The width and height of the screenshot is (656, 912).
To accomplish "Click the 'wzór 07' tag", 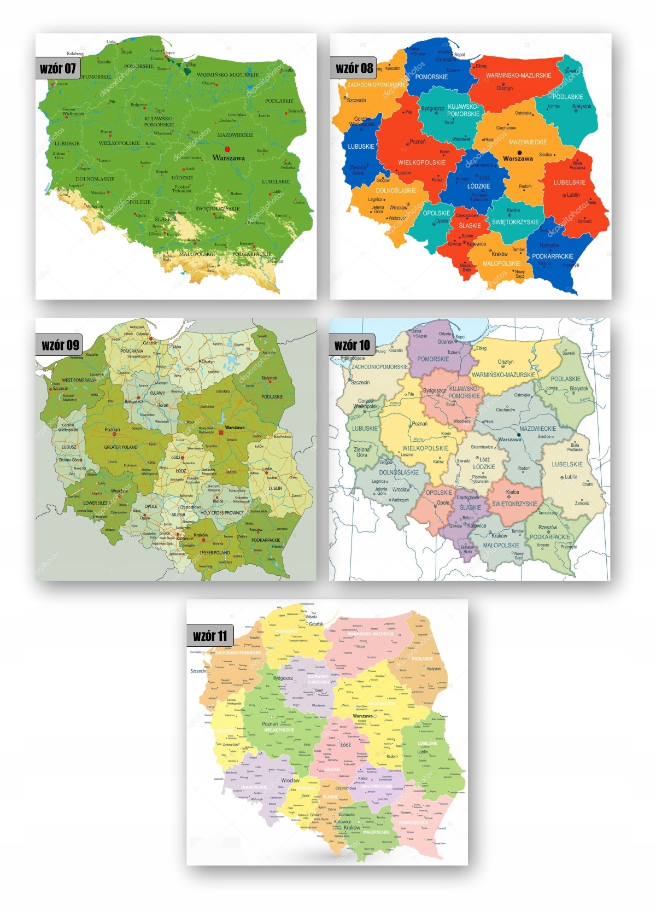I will click(x=57, y=68).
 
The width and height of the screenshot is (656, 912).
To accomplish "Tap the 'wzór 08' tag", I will click(x=354, y=68).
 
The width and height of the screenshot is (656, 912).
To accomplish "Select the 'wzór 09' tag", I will click(x=60, y=345).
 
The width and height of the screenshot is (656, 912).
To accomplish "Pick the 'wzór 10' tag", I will click(x=352, y=345).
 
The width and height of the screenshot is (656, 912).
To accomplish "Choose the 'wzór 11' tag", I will click(x=210, y=636).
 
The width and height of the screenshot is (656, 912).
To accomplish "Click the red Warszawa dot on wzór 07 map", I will click(x=227, y=149).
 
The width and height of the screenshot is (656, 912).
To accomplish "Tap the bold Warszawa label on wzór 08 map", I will click(x=518, y=159).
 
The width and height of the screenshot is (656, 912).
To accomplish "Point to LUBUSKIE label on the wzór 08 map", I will click(x=361, y=147).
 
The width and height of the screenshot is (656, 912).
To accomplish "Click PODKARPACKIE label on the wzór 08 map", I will click(x=553, y=256).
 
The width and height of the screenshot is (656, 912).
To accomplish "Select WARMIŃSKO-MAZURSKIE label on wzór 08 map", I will click(x=518, y=75).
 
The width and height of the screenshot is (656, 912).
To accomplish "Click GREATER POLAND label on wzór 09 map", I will click(x=121, y=447).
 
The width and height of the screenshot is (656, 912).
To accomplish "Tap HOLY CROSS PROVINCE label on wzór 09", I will click(x=221, y=513).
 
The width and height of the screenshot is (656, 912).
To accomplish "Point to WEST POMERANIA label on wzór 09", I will click(x=79, y=380).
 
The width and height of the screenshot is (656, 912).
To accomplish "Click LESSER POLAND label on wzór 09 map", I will click(x=214, y=552).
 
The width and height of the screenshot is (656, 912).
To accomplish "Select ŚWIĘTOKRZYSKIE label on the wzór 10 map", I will click(x=514, y=504).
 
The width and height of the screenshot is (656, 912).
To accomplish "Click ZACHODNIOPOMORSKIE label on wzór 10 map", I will click(x=379, y=367).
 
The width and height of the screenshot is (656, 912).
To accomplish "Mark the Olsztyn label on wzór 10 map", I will click(x=506, y=362).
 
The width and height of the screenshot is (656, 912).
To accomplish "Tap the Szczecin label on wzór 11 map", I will click(x=198, y=671).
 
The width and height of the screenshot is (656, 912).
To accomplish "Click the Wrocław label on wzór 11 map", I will click(x=290, y=780).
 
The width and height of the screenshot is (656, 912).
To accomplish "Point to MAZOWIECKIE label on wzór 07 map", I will click(x=235, y=135).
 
